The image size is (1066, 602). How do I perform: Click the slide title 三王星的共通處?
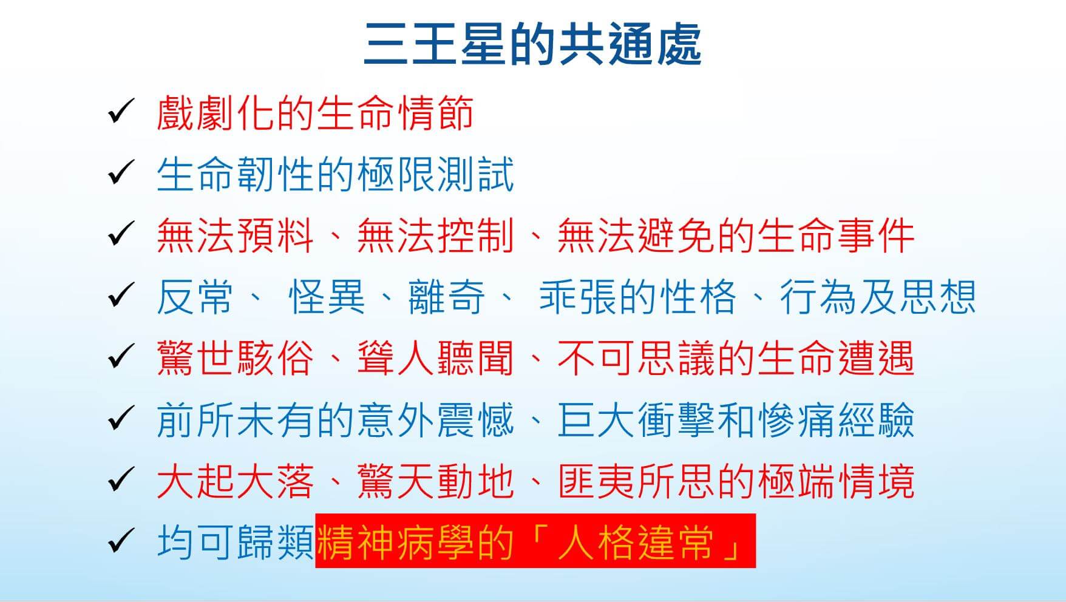[532, 44]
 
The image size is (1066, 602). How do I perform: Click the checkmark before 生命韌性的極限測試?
[120, 174]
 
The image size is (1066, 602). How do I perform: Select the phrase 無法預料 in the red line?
[235, 235]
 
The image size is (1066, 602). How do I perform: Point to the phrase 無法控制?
[435, 235]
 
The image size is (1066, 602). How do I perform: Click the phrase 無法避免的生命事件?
[736, 235]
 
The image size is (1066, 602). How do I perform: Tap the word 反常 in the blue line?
[195, 297]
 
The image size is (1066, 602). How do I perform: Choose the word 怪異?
[327, 297]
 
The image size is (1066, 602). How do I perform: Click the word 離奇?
[447, 297]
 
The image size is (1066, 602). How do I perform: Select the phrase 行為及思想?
[877, 297]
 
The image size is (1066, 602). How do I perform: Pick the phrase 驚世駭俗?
[235, 358]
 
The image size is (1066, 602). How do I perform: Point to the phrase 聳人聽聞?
[435, 358]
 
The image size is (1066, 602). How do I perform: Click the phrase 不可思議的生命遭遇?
[736, 358]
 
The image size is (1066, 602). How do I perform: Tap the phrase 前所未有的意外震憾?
[335, 420]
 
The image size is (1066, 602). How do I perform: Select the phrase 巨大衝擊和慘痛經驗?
[736, 420]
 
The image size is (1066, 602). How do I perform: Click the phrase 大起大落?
[235, 481]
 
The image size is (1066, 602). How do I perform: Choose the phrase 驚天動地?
[435, 481]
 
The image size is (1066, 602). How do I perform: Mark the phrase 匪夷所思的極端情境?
[736, 481]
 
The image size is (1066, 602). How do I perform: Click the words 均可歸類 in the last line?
[236, 542]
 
